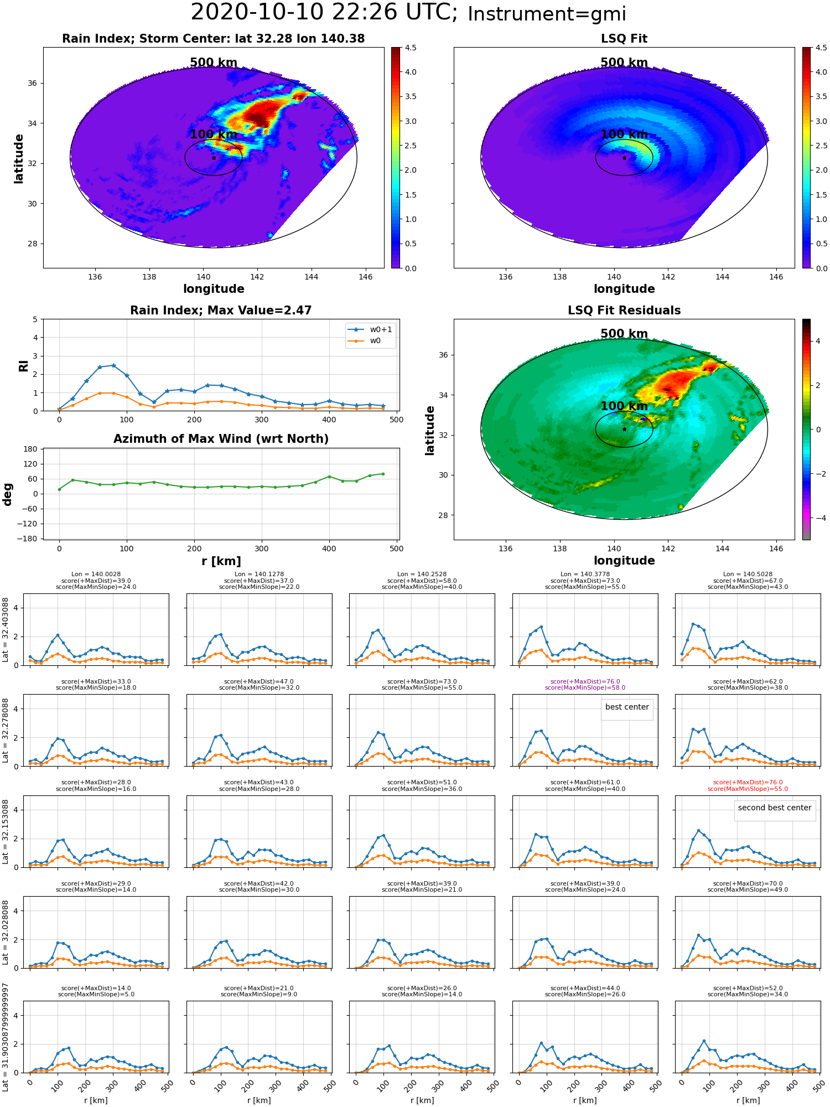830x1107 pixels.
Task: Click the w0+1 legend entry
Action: pos(370,329)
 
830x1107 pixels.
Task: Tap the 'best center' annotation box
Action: pos(627,707)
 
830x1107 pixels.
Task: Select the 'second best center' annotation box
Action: pos(775,808)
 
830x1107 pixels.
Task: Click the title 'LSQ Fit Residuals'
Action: pos(624,311)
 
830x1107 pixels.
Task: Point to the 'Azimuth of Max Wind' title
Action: pos(221,439)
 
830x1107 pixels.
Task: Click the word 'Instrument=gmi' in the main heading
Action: pos(547,14)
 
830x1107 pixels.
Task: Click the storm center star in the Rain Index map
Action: pos(214,158)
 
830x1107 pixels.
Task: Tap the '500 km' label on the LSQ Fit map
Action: pos(624,63)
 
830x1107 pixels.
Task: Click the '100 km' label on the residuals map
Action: pos(624,406)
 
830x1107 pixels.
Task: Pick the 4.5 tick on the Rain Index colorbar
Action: pos(411,48)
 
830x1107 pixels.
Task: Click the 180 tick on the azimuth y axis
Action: pos(31,449)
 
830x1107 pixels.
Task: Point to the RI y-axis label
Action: pos(23,365)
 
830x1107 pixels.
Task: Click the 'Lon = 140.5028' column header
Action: pos(748,575)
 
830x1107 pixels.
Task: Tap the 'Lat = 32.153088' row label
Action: pos(6,831)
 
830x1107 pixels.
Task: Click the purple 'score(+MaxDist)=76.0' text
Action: pos(585,682)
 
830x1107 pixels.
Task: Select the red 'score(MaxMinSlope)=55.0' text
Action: pos(748,789)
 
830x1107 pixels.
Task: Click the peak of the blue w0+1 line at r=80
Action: pos(113,365)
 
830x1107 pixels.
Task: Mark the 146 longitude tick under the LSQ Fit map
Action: pos(776,277)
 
